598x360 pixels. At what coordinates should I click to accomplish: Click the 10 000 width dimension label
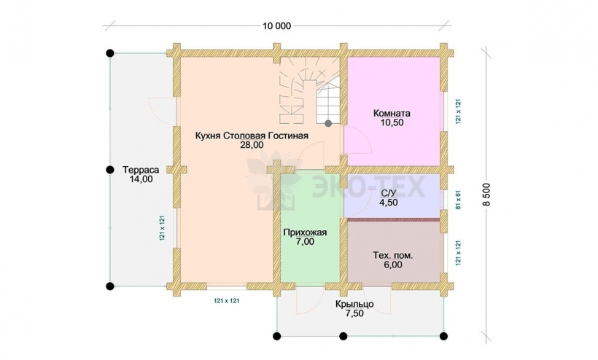[276, 26]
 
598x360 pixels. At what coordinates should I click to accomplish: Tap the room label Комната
[392, 113]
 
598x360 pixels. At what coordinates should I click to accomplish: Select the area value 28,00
[252, 145]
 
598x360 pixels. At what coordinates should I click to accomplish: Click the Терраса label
[141, 170]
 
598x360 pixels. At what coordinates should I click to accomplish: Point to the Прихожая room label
[305, 232]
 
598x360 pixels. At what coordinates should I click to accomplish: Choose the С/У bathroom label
[388, 193]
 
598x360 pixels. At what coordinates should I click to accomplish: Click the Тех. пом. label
[393, 255]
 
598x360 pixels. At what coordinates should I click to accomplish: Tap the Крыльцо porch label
[354, 305]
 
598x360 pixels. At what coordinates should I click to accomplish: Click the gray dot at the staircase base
[328, 123]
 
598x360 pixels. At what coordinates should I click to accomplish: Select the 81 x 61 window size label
[459, 200]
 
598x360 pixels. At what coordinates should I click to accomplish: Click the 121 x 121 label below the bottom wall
[227, 300]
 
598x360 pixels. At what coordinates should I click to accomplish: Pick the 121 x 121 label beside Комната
[459, 111]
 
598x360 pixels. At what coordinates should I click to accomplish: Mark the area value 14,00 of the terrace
[141, 179]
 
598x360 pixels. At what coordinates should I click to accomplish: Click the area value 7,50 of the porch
[354, 313]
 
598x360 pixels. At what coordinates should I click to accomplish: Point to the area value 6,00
[393, 265]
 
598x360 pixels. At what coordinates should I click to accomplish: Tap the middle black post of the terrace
[110, 170]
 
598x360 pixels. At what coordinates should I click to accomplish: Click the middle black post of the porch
[343, 336]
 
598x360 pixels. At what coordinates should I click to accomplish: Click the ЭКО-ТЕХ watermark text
[368, 187]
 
